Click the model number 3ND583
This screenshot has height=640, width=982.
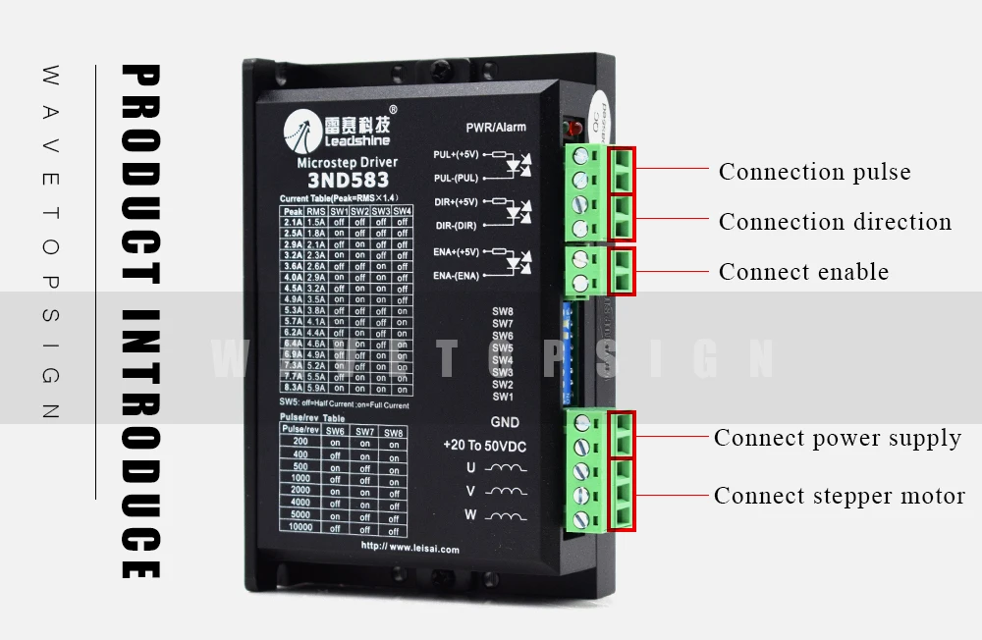[348, 181]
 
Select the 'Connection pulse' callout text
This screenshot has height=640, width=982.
[814, 172]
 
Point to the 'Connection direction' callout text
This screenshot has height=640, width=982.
[835, 222]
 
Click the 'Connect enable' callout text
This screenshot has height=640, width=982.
[803, 272]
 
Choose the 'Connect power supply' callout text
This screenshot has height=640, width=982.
[837, 438]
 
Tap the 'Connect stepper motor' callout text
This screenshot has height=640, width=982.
[839, 496]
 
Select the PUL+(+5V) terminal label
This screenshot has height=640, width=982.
[457, 155]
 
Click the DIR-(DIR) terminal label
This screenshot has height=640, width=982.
[456, 226]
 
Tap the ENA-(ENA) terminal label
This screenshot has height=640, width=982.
[456, 276]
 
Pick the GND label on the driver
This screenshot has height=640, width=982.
[505, 423]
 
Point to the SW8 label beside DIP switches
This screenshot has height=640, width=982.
[503, 312]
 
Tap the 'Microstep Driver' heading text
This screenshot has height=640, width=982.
[347, 163]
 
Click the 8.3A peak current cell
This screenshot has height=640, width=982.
[292, 389]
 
